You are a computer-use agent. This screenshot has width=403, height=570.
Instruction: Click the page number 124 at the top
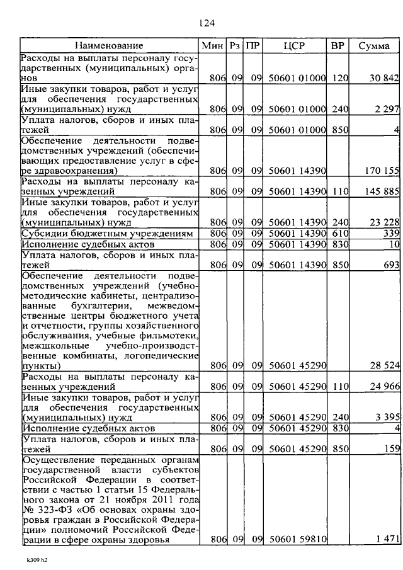tap(207, 23)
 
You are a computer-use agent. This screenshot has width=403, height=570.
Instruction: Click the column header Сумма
tap(374, 46)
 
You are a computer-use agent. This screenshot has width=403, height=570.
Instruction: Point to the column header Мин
tap(210, 46)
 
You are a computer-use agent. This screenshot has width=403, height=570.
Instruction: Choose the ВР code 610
tap(340, 232)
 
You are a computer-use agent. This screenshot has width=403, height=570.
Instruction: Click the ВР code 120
tap(340, 77)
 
